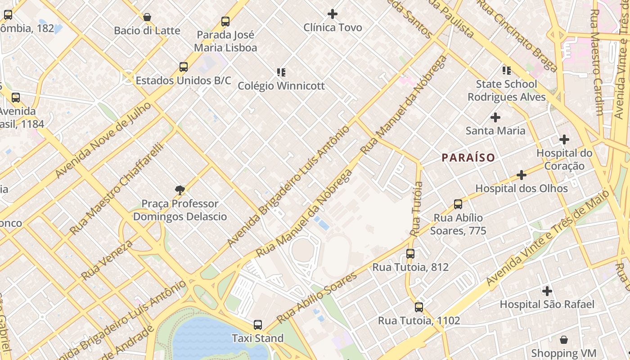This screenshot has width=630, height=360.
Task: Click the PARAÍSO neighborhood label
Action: tap(468, 157)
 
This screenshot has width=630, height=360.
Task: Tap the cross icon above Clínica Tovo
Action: tap(333, 14)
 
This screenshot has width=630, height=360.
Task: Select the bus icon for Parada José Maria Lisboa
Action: tap(225, 22)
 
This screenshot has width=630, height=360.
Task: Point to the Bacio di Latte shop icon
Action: tap(147, 18)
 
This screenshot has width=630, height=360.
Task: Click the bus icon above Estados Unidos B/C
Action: tap(183, 67)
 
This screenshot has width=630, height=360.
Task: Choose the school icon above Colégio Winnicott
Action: tap(281, 72)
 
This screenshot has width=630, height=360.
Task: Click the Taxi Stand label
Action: tap(257, 338)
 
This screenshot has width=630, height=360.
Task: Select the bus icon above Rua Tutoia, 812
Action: tap(410, 254)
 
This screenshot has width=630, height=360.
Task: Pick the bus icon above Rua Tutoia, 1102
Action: tap(418, 307)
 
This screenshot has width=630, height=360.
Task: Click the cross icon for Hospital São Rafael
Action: tap(547, 291)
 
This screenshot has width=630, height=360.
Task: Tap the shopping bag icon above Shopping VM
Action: tap(563, 340)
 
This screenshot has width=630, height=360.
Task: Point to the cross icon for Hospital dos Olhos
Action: tap(522, 175)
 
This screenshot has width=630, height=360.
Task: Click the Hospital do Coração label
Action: tap(564, 159)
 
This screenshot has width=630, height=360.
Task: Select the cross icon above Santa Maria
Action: tap(495, 117)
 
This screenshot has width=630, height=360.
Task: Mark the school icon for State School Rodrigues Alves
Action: tap(507, 71)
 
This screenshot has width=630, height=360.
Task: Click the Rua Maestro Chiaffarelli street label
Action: tap(116, 189)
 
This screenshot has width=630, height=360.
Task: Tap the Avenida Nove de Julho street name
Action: tap(103, 140)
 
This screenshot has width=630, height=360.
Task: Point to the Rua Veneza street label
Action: tap(107, 260)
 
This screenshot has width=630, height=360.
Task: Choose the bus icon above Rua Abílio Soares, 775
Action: tap(458, 204)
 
